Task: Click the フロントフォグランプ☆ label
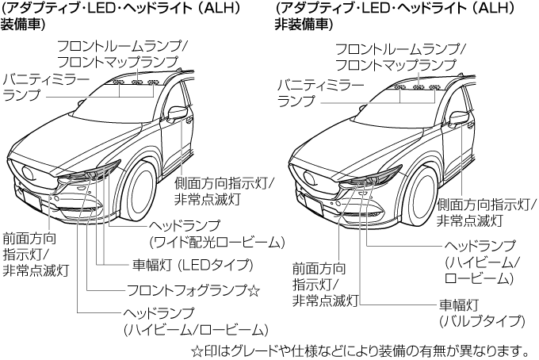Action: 193,290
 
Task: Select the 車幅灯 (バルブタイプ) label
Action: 482,312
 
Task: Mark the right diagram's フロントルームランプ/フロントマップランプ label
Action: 399,56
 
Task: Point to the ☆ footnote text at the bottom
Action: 360,350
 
